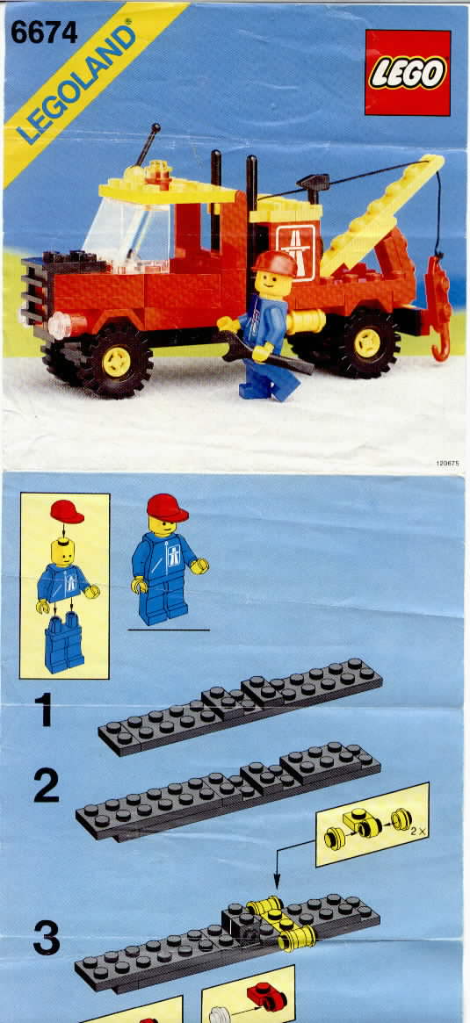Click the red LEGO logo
coord(408,72)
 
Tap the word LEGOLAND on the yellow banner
coord(76,82)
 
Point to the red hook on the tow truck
coord(439,306)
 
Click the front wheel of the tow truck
coord(116,360)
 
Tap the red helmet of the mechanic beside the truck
coord(275,263)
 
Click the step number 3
coord(47,936)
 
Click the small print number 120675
coord(448,463)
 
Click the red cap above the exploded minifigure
coord(67,511)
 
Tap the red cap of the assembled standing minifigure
coord(166,507)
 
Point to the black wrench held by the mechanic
coord(267,353)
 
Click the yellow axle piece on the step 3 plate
coord(281,923)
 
